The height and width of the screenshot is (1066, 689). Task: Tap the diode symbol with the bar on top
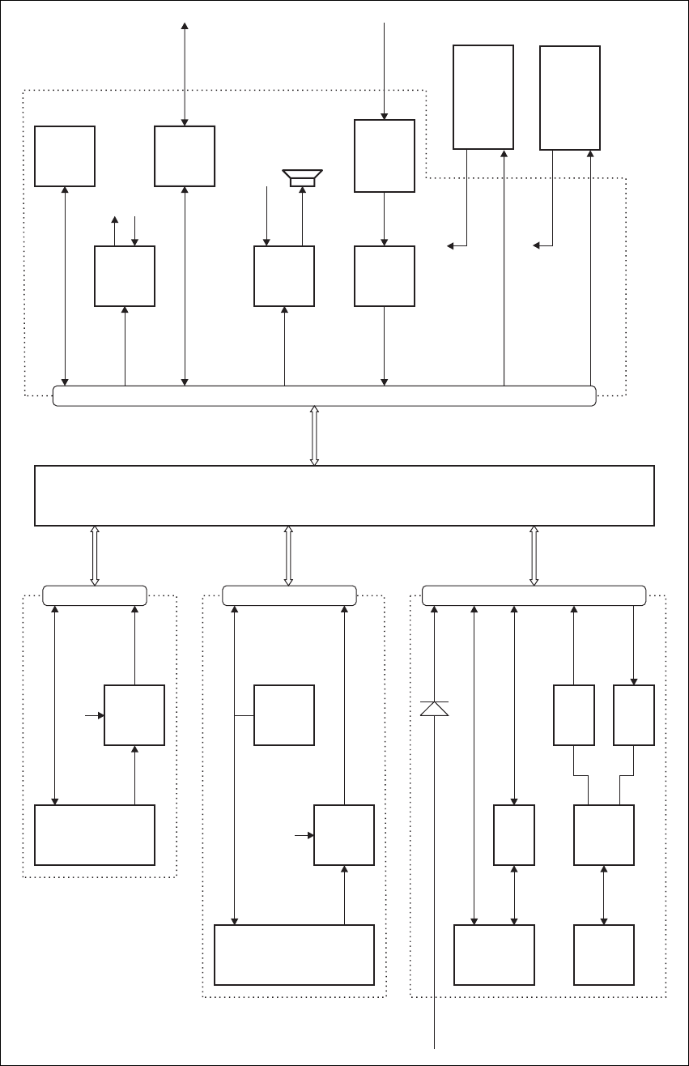coord(435,708)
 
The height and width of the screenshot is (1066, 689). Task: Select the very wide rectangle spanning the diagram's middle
coord(344,496)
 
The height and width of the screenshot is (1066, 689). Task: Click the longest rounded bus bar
coord(324,396)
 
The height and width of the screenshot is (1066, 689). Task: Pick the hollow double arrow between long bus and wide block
coord(315,436)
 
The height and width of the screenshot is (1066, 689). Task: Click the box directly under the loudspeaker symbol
coord(284,276)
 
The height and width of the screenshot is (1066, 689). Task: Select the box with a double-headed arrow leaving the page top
coord(185,156)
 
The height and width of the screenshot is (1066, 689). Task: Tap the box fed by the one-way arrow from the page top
coord(385,156)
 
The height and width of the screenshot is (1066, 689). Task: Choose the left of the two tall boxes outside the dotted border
coord(483,97)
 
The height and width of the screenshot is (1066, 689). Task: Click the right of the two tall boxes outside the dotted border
coord(570,97)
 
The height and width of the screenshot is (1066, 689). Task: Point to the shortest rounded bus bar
coord(94,595)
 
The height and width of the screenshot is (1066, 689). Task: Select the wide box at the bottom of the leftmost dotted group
coord(95,835)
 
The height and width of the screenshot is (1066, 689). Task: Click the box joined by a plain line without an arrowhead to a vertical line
coord(284,715)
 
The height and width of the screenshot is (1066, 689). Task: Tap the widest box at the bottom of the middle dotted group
coord(294,955)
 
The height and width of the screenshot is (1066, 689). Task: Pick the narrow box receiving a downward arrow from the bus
coord(634,715)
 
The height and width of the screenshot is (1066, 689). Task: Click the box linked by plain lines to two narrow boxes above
coord(603,835)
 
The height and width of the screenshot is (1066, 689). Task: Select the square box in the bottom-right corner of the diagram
coord(603,955)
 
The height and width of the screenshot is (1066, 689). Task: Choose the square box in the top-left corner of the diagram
coord(65,156)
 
